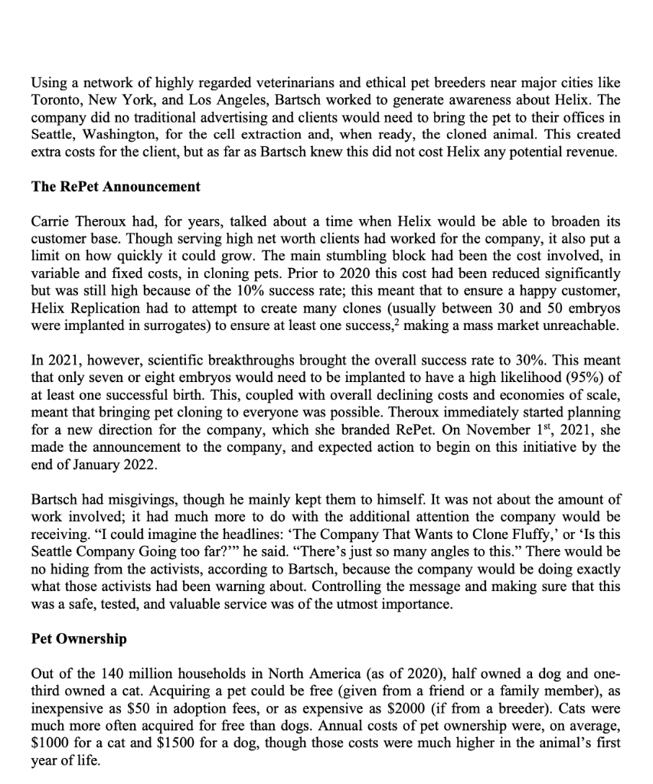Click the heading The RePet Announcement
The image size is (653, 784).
point(116,186)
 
